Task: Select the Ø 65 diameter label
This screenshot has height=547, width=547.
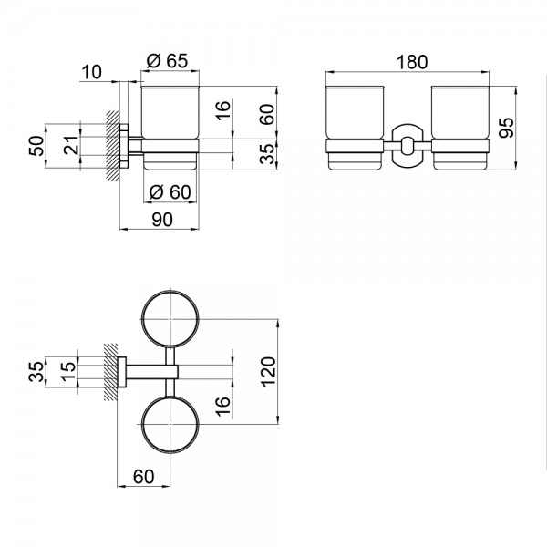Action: click(166, 62)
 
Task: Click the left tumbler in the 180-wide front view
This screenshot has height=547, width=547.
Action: click(354, 128)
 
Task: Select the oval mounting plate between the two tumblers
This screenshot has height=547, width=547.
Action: click(407, 145)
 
